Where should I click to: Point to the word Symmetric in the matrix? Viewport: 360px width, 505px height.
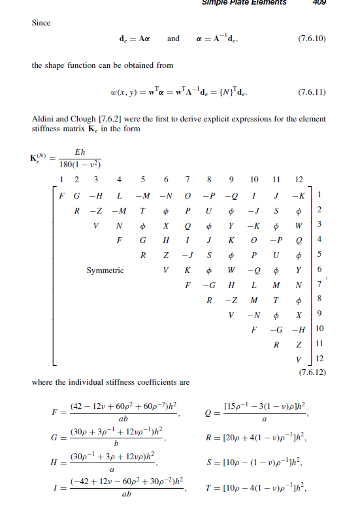(105, 269)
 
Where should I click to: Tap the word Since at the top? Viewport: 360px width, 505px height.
(41, 23)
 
